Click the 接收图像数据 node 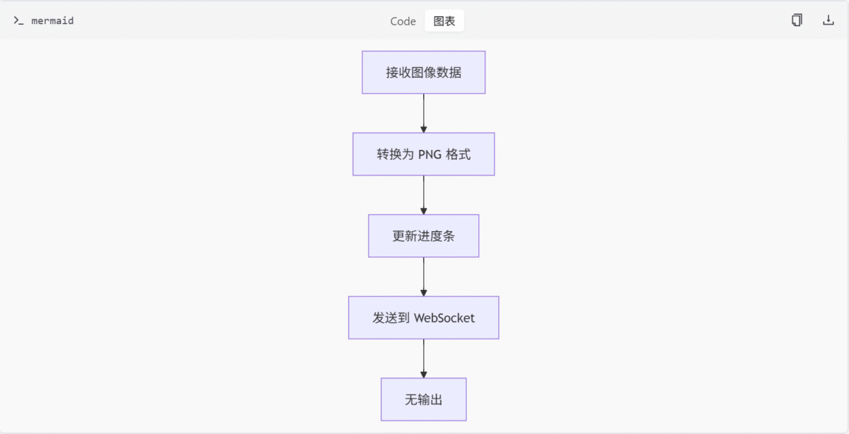[423, 72]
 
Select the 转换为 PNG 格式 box [423, 154]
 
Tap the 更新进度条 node [423, 236]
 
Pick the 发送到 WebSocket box [423, 318]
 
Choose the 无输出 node [423, 400]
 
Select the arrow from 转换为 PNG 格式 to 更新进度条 [424, 194]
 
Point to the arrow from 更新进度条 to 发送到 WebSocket [424, 276]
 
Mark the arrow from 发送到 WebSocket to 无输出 [424, 358]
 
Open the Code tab [403, 21]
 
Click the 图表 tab [444, 21]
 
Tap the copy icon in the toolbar [797, 20]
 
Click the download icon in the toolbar [828, 20]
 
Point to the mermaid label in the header [52, 21]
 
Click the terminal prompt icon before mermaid [18, 20]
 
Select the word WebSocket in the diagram [444, 318]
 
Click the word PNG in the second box [429, 154]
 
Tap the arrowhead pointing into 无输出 [424, 374]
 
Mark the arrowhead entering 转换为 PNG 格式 [424, 129]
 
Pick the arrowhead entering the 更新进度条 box [424, 211]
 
